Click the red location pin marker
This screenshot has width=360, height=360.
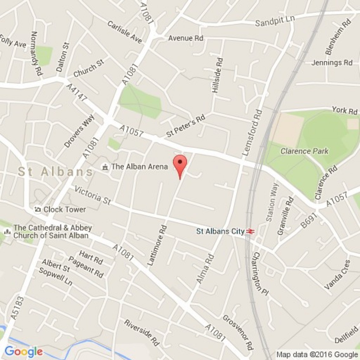pos(180,163)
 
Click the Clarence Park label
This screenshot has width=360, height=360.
pos(304,151)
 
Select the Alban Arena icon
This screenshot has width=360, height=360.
pos(105,167)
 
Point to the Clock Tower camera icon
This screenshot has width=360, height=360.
pos(38,209)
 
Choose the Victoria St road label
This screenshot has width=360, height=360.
pos(93,195)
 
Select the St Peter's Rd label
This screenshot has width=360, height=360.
pos(186,126)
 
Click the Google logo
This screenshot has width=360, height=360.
pos(23,351)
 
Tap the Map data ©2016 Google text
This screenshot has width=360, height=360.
pos(317,354)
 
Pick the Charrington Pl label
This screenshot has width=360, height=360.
pos(261,274)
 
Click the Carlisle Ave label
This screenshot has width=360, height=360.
pos(124,32)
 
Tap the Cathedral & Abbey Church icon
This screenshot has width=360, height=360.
pos(7,232)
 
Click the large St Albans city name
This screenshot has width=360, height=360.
pos(56,172)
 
